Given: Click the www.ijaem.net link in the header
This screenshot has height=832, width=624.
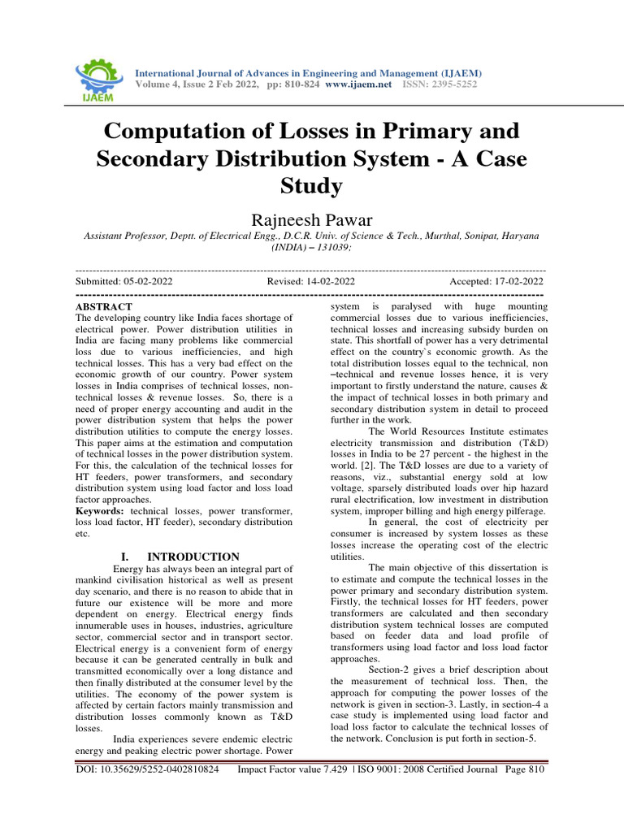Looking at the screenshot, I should tap(358, 84).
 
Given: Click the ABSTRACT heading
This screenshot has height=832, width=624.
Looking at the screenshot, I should tap(103, 307).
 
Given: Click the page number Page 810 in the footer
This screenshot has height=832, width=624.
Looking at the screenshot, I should tap(524, 769).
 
